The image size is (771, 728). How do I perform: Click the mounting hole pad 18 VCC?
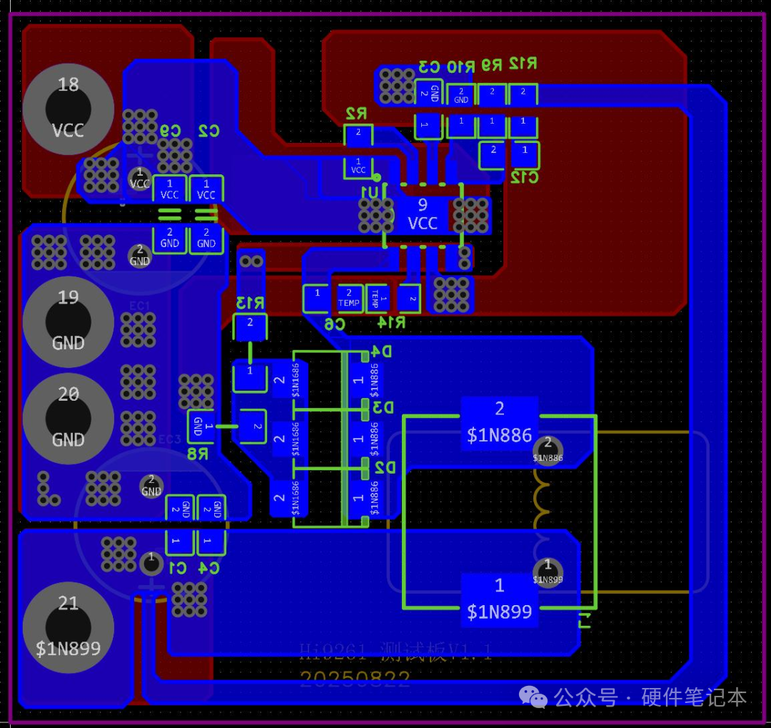68,108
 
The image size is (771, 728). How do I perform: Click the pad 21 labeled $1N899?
68,626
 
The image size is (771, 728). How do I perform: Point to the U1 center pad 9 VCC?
422,214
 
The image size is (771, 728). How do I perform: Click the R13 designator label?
250,303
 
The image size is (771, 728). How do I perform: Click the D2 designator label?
385,467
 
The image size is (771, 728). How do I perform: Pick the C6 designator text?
334,324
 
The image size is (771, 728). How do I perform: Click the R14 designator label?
390,323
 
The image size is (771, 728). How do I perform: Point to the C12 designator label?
523,177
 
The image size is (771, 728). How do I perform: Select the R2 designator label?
356,114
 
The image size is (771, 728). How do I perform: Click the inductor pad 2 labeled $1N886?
499,422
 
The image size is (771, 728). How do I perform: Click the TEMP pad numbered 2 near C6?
349,298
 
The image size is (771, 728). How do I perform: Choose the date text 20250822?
355,679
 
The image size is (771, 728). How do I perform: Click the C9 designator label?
170,131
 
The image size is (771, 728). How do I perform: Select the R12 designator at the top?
523,64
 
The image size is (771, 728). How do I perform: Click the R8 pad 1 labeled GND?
200,427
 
